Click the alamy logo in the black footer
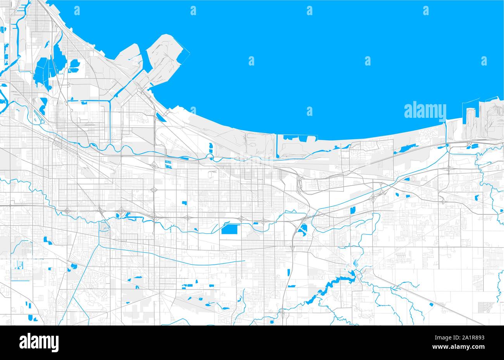coord(39,342)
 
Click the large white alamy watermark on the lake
coord(425,110)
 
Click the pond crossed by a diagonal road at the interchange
coord(304,229)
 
